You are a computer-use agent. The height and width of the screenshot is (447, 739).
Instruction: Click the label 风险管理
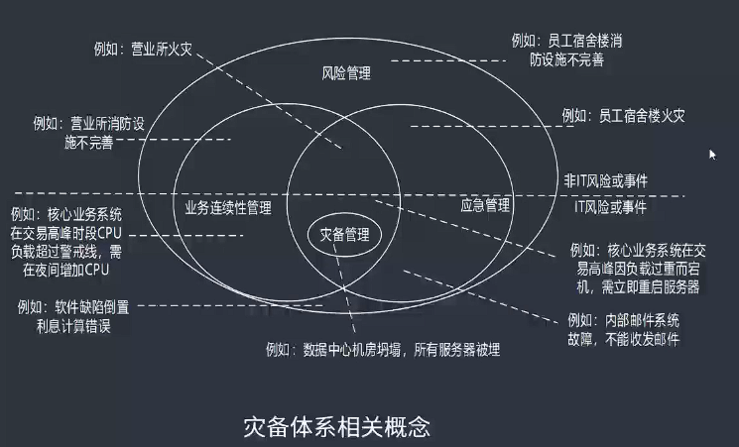(347, 75)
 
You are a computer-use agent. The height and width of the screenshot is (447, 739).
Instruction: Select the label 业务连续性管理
(228, 208)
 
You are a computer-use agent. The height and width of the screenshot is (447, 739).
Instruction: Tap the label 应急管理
(486, 206)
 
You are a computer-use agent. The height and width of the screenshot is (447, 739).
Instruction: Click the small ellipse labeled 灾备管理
(344, 235)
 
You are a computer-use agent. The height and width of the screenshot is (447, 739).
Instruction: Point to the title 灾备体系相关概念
(337, 426)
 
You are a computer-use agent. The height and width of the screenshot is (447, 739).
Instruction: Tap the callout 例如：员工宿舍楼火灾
(623, 116)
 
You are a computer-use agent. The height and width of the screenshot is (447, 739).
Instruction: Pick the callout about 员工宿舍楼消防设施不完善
(567, 51)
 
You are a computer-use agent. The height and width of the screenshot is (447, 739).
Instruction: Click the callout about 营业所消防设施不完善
(88, 134)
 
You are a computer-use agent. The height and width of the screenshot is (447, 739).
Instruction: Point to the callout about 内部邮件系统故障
(623, 330)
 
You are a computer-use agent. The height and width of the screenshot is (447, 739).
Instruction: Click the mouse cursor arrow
(712, 154)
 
